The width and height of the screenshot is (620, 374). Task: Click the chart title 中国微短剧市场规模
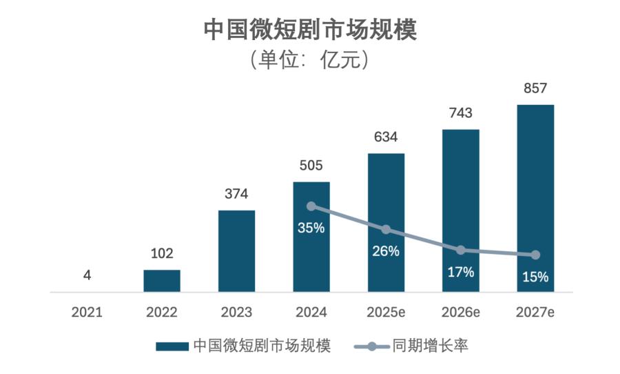(310, 30)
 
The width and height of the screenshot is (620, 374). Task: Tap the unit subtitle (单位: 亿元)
(310, 60)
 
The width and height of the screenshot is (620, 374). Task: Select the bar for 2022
(162, 281)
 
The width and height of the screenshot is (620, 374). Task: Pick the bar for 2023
(236, 251)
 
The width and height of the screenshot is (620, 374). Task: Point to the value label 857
(535, 88)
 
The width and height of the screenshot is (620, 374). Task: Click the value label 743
(460, 113)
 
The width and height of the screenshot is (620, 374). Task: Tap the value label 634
(386, 137)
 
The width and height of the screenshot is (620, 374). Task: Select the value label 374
(236, 194)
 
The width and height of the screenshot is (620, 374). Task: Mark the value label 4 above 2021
(87, 275)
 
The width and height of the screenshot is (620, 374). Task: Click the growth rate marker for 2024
(311, 206)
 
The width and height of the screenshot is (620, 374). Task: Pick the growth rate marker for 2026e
(461, 250)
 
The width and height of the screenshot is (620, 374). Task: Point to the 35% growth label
(311, 228)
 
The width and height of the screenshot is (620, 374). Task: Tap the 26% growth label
(386, 251)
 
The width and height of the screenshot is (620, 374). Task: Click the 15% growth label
(535, 277)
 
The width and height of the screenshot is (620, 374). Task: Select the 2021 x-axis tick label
(87, 312)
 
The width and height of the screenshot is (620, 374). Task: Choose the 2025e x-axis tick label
(386, 312)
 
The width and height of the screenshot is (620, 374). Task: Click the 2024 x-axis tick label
(311, 312)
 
